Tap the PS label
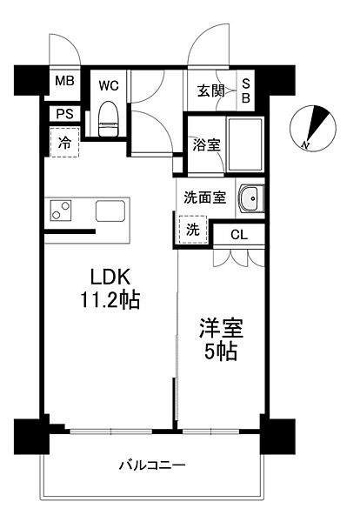pos(64,113)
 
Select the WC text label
pos(109,85)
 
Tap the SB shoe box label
pos(246,90)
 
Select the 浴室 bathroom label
pos(206,144)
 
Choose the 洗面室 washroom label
pos(204,197)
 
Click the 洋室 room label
pos(221,329)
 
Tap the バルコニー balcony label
pos(152,465)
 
